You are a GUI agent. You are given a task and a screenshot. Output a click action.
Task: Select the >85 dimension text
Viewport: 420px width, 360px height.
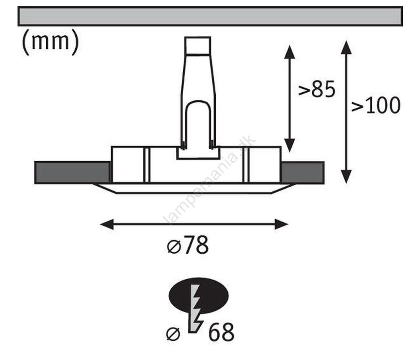[316, 89]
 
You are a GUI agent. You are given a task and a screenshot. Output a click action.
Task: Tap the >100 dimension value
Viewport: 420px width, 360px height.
[376, 105]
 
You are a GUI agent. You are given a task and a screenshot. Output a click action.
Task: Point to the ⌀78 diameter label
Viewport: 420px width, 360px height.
[188, 245]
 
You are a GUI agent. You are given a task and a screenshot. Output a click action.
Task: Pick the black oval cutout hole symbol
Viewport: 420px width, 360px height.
[199, 296]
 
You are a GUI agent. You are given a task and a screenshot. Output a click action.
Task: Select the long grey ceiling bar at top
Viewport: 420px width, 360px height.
[210, 16]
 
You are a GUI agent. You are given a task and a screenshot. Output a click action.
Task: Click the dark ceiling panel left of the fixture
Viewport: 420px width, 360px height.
[72, 173]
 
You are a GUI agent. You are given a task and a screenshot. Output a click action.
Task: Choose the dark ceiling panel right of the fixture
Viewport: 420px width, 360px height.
[302, 173]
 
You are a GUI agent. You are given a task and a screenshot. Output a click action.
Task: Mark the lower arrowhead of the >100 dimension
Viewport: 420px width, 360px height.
[346, 176]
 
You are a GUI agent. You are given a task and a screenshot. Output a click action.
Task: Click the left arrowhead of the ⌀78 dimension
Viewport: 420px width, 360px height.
[107, 224]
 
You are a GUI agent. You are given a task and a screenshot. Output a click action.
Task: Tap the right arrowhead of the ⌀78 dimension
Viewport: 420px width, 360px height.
[282, 224]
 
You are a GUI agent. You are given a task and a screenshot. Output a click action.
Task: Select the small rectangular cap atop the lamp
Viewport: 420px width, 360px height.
[197, 46]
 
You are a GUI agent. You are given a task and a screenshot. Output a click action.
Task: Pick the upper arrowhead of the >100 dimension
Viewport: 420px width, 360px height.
[346, 47]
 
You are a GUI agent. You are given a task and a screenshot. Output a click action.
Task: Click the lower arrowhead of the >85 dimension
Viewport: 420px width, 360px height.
[289, 145]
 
